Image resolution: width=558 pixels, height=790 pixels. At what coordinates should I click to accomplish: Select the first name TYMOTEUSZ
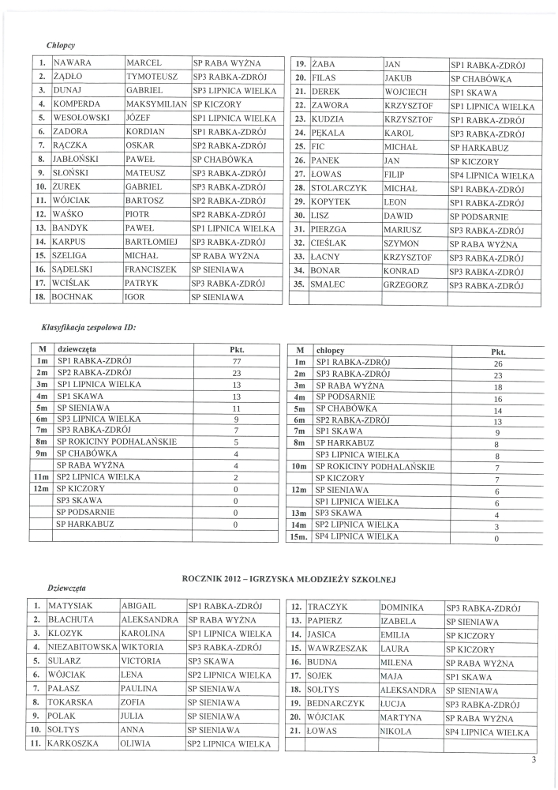[x=150, y=77]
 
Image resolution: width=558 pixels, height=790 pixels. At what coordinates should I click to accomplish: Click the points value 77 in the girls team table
[x=237, y=361]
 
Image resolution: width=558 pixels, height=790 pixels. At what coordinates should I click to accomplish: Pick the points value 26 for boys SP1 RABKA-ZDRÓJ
[x=497, y=364]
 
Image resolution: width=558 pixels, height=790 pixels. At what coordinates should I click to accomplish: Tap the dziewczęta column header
[x=77, y=348]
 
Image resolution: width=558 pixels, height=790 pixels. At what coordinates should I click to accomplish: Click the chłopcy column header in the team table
[x=331, y=349]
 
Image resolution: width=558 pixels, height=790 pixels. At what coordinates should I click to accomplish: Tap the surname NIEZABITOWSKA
[x=82, y=647]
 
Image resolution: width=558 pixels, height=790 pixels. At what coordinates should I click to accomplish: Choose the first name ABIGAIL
[x=140, y=605]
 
